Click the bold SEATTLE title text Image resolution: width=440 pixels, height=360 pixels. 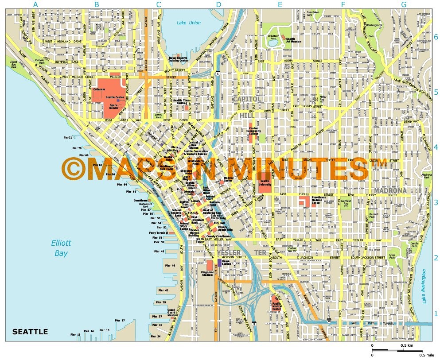click(x=30, y=332)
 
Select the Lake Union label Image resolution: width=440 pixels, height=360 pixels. click(x=188, y=23)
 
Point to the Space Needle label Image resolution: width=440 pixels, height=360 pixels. click(x=113, y=107)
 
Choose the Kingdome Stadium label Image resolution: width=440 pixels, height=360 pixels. click(x=207, y=274)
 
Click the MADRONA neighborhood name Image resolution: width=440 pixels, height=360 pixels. click(x=390, y=190)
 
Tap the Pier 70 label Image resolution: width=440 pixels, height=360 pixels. click(x=77, y=148)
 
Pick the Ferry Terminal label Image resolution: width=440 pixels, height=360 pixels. click(x=158, y=232)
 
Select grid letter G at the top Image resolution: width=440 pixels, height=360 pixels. click(x=403, y=5)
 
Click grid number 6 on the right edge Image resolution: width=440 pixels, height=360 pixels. click(x=436, y=37)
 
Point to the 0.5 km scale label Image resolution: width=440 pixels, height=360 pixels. click(x=407, y=345)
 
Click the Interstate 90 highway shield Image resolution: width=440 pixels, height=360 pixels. click(x=328, y=319)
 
